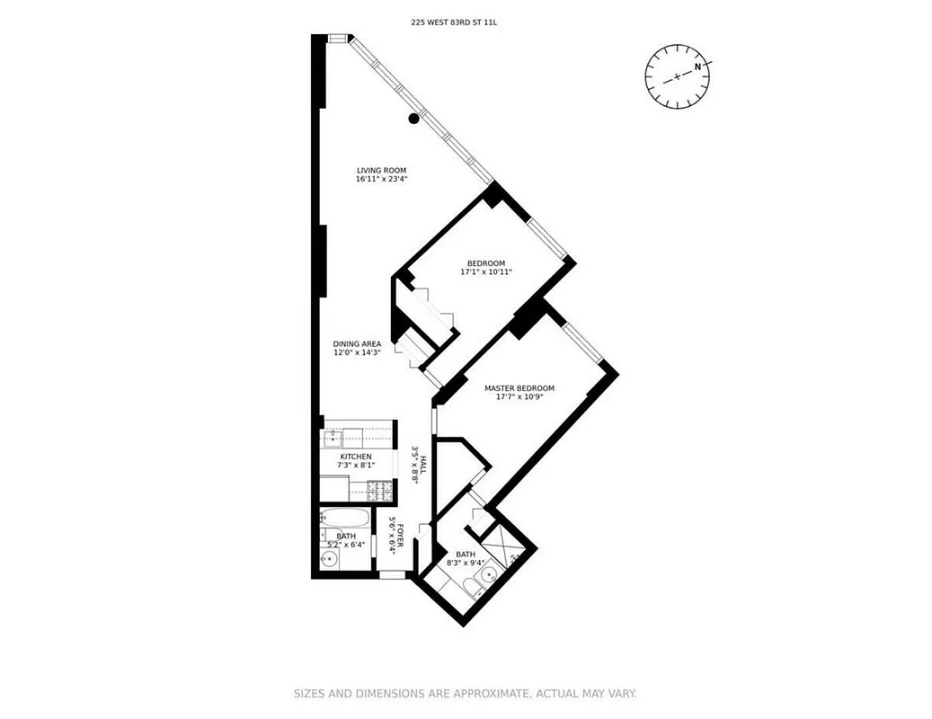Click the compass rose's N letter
[x=697, y=67]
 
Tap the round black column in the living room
[x=414, y=118]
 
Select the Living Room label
[x=382, y=170]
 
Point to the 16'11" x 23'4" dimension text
[x=382, y=179]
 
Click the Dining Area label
[x=358, y=343]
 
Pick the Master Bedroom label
[x=519, y=388]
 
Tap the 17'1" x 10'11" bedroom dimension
[x=486, y=271]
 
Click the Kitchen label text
[x=356, y=457]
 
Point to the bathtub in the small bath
[x=344, y=519]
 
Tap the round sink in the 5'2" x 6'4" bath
[x=330, y=559]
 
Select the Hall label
[x=422, y=456]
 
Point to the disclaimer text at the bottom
[x=466, y=694]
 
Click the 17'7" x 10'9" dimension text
[x=519, y=397]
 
